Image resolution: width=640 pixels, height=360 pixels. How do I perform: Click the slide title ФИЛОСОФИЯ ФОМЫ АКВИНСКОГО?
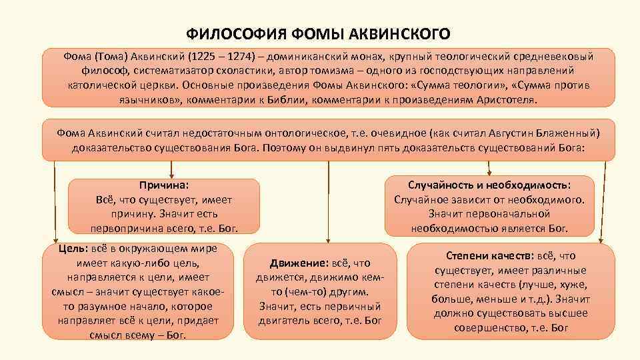[x=319, y=33]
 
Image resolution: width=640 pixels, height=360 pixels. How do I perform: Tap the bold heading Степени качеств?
[x=489, y=256]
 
